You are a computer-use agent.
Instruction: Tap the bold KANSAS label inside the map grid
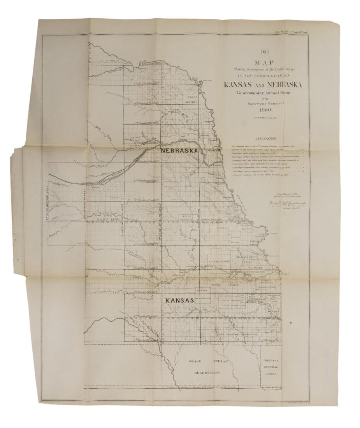tap(180, 301)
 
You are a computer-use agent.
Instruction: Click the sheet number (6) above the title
tap(265, 51)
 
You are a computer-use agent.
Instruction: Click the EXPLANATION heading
tap(266, 138)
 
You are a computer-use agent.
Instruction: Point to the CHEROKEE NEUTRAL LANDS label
tap(268, 367)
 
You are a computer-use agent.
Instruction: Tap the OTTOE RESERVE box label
tap(187, 217)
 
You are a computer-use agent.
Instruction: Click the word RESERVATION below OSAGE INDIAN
tap(207, 373)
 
